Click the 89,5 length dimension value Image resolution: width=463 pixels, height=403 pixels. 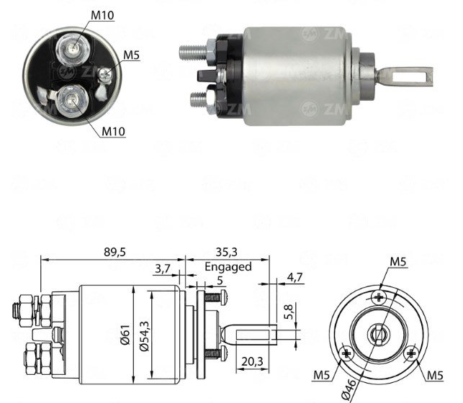coord(114,253)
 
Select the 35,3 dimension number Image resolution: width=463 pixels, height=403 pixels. coord(227,253)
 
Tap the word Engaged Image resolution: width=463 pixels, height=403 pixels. coord(228,267)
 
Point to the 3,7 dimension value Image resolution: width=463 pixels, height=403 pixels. coord(163,268)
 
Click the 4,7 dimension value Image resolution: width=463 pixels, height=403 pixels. coord(295,277)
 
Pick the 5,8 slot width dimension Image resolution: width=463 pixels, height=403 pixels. coord(289,312)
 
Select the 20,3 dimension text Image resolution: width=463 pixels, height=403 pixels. coord(252,361)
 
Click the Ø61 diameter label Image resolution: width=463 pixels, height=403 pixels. coord(125,335)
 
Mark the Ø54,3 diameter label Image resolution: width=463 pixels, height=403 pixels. coord(145,335)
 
